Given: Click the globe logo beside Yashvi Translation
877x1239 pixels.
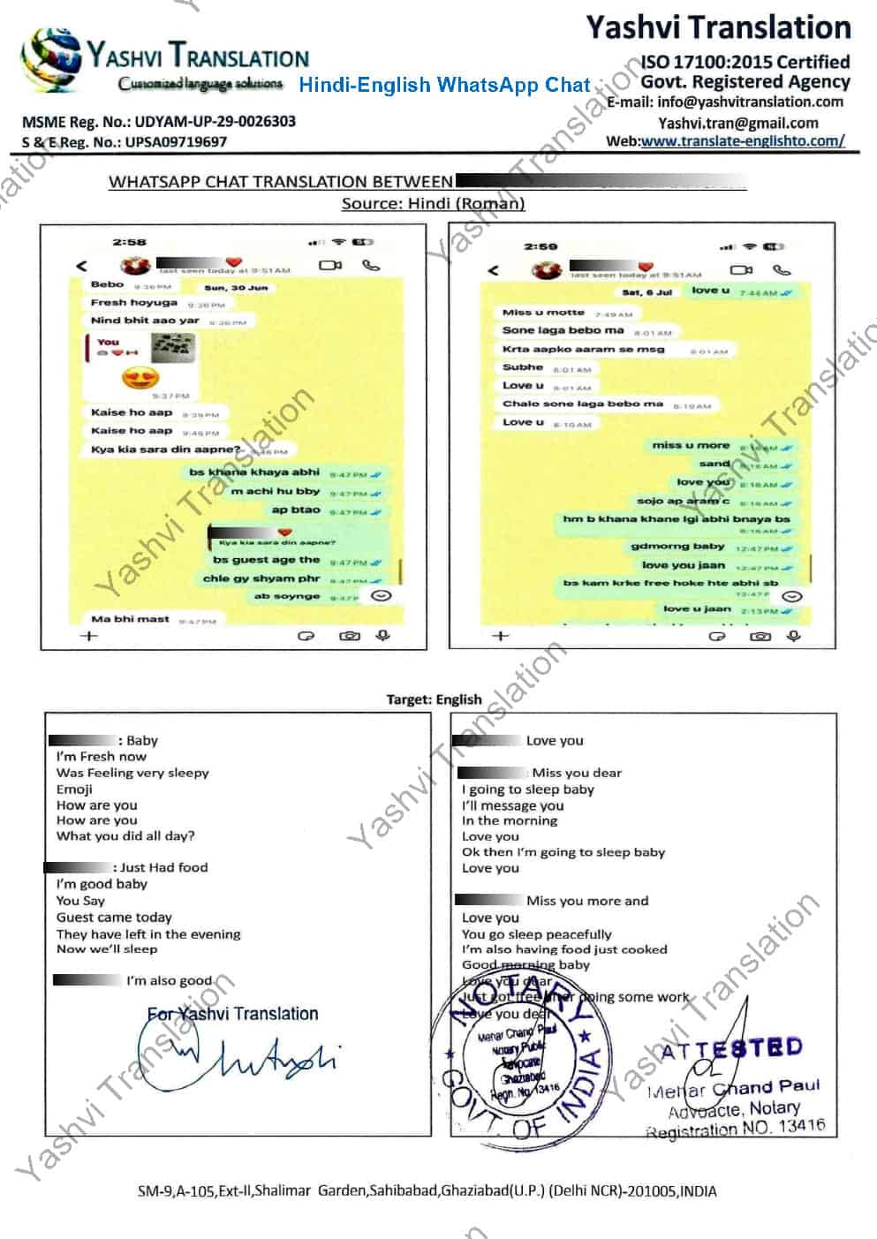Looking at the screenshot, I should [x=53, y=60].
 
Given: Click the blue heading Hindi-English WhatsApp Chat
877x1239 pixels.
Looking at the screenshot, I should [x=444, y=85].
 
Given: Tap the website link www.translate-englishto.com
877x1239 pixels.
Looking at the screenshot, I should [x=742, y=140].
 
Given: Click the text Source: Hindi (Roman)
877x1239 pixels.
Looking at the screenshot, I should [x=433, y=203].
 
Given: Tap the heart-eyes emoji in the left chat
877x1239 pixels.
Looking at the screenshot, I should [x=141, y=379].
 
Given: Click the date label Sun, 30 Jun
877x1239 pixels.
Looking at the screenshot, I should [x=236, y=288].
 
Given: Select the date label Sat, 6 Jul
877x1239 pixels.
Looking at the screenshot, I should [x=647, y=291].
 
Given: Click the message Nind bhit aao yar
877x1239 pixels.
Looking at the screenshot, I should [x=146, y=321].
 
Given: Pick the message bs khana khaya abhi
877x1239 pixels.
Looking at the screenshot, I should [x=253, y=472].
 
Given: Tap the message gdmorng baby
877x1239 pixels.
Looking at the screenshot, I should [x=677, y=547].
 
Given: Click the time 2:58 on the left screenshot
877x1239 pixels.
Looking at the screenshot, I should [x=129, y=242].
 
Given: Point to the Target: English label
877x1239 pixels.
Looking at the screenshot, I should [x=434, y=699].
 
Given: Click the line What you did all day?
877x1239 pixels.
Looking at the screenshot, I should [x=125, y=835].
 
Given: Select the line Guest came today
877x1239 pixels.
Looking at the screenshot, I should [x=114, y=918].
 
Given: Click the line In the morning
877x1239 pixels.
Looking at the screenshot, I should [x=510, y=820].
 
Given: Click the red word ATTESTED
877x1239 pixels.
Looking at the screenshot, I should [x=730, y=1049].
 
